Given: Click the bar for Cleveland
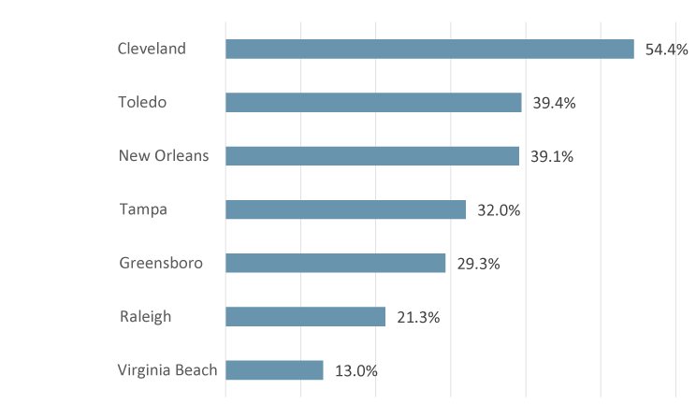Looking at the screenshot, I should [429, 49].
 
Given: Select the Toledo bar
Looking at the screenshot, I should [373, 102].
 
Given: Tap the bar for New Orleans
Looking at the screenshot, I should [372, 155].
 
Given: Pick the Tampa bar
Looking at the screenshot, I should [345, 209].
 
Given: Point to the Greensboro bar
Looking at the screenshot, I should [335, 263].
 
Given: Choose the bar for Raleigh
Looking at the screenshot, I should [305, 317].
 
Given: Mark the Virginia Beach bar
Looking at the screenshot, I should [274, 370].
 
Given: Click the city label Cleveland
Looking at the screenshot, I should [152, 49].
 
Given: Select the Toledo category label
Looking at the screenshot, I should [142, 102].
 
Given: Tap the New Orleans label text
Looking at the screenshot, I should [164, 155].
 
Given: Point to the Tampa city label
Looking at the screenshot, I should [143, 209].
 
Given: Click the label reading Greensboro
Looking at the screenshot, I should [161, 263].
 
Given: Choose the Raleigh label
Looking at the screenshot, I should [146, 317].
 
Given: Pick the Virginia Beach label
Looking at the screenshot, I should [167, 370].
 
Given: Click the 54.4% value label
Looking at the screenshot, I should [666, 50].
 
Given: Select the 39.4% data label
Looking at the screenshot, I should [554, 103].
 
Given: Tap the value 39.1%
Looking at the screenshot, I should [552, 156].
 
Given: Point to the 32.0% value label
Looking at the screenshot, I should [499, 210].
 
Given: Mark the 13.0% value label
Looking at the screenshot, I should [356, 371].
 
